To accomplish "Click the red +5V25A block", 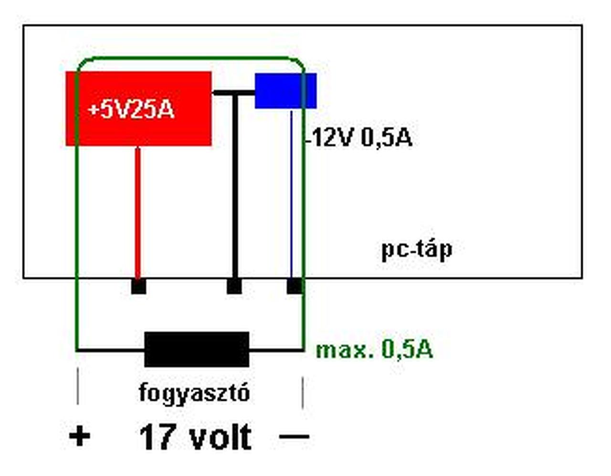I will coord(138,129).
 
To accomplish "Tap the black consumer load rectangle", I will coord(197,349).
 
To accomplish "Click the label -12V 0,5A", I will coord(359,138).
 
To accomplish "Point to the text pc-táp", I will coord(416,249).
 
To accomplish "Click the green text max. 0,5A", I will coord(374,350).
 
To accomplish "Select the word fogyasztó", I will coord(194,393).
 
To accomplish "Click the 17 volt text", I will coord(195,437).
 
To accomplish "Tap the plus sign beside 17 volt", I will coord(79,436).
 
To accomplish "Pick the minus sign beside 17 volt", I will coord(294,436).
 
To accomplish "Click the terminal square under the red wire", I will coord(138,286).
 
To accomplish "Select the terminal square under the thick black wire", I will coord(234,286).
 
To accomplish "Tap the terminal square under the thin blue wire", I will coord(294,286).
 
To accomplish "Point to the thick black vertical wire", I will coord(234,191).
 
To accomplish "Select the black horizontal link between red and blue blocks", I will coord(233,93).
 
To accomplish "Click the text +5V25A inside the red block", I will coord(131,110).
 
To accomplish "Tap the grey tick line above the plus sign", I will coord(78,386).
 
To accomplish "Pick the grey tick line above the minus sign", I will coord(303,392).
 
